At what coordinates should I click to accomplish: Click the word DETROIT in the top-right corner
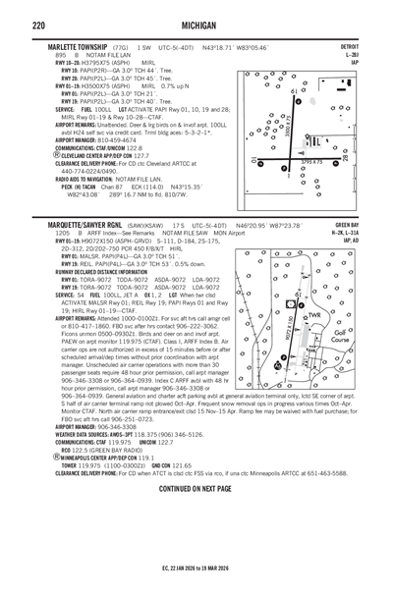(348, 46)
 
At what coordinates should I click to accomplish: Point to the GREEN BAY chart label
(345, 225)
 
